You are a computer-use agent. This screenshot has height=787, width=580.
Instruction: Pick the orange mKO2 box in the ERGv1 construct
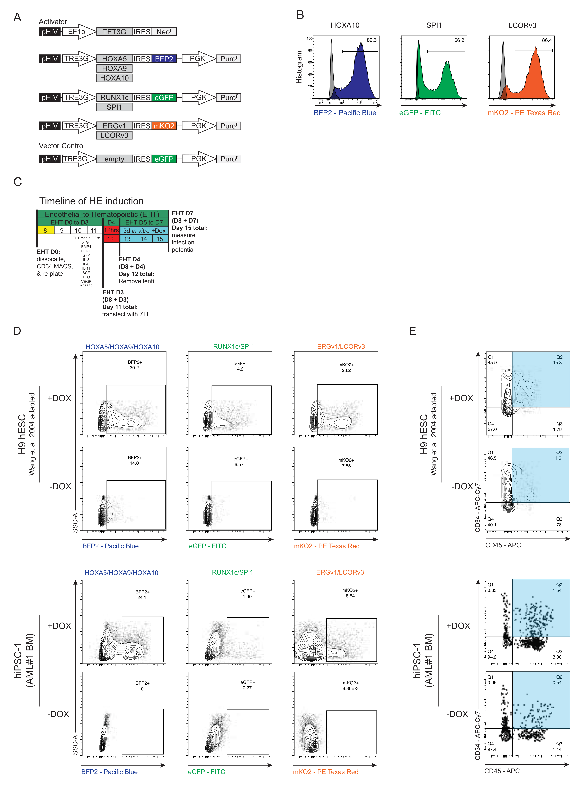point(164,126)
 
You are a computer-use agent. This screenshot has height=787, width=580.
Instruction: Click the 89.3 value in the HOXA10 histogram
point(372,40)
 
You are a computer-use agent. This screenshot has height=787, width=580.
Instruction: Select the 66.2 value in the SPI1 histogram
point(459,40)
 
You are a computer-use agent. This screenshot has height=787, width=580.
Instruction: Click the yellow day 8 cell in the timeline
point(45,230)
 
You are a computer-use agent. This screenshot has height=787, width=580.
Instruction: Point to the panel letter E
point(412,331)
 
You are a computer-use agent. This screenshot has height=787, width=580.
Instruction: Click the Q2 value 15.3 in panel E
point(557,362)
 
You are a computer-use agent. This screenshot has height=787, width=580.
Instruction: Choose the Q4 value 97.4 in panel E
point(492,749)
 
